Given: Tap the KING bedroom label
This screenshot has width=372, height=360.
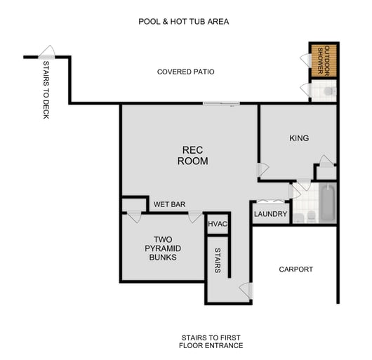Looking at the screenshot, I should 298,138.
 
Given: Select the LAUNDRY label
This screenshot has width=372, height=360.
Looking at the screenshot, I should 270,214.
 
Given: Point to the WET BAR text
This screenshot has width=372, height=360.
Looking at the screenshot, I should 169,205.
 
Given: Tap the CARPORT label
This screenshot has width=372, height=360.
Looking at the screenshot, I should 295,269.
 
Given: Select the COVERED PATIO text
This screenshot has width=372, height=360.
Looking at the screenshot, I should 185,72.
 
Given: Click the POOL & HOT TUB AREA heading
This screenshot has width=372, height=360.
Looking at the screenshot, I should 183,22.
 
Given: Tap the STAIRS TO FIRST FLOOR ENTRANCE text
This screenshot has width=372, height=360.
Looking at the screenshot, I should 211,342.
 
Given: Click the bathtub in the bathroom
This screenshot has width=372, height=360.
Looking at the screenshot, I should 328,203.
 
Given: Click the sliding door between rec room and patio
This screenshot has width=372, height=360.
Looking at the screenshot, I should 220,105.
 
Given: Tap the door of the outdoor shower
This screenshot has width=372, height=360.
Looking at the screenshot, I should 305,59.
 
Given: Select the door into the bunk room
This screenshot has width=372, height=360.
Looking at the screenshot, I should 194,217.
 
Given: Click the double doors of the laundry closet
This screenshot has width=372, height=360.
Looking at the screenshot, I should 270,201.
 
